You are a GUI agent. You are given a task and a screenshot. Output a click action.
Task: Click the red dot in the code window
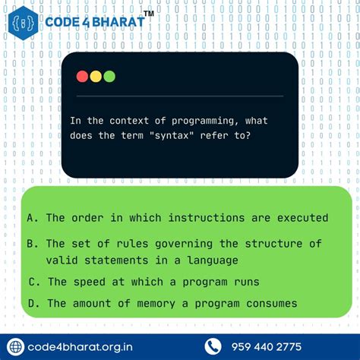82,76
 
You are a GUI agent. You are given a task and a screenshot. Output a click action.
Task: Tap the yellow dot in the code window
96,76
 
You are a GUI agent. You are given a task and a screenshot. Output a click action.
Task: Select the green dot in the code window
109,76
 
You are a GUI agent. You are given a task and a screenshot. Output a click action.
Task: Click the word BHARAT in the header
116,22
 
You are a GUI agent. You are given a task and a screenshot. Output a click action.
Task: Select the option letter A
31,218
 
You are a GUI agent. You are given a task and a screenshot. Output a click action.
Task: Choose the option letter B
31,244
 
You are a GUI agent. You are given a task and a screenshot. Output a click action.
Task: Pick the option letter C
33,282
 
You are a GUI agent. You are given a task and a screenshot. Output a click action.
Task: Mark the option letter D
32,303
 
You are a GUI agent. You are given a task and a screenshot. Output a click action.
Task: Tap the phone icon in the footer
213,346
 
